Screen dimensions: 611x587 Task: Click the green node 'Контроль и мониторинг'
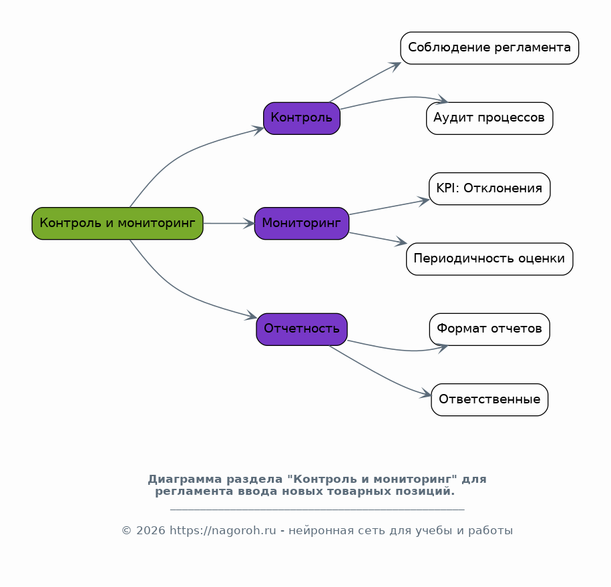pos(118,223)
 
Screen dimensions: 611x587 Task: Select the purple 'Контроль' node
pos(302,118)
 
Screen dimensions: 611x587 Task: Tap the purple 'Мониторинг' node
pos(302,223)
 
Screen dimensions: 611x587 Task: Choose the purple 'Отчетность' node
pos(302,329)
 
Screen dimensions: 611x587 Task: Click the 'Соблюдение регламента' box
pos(489,48)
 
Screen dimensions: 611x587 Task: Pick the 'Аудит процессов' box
pos(489,118)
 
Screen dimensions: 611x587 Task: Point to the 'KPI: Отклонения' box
pos(489,188)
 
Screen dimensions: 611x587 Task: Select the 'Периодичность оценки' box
pos(489,259)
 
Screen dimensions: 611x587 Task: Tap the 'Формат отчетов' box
pos(489,329)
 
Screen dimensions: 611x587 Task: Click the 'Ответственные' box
pos(489,400)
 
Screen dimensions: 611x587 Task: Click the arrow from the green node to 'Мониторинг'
pos(229,223)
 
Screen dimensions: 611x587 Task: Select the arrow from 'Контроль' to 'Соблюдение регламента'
pos(365,82)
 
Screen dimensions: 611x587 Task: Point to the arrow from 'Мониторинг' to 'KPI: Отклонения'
pos(389,207)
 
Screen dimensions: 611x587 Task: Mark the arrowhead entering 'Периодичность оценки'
pos(401,242)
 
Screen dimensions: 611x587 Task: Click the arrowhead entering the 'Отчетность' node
pos(250,315)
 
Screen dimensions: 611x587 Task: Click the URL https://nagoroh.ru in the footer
pos(223,530)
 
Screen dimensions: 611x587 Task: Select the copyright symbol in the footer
pos(127,530)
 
